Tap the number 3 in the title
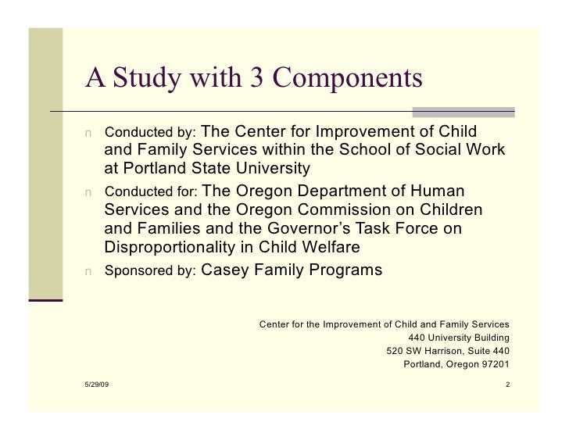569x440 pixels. click(x=254, y=78)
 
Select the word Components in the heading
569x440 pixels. click(x=348, y=80)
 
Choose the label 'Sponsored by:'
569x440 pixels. click(x=151, y=272)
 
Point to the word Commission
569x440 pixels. click(x=335, y=210)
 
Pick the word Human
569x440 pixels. click(x=435, y=191)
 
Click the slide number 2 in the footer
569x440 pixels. click(x=507, y=385)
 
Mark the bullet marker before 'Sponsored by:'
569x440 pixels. click(x=90, y=272)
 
